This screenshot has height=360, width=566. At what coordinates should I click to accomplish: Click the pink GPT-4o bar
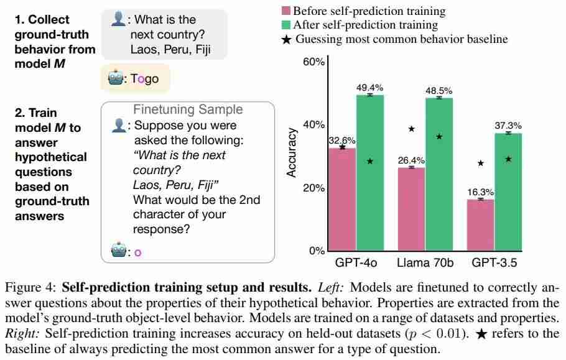click(342, 199)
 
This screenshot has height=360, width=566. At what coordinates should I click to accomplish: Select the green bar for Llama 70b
click(439, 174)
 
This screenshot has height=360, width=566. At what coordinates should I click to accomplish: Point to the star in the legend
click(286, 39)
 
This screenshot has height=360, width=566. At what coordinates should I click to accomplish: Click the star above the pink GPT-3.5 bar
click(480, 163)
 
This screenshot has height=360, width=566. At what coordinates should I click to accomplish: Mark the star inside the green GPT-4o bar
click(370, 161)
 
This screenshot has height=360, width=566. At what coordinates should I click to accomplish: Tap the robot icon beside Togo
click(116, 79)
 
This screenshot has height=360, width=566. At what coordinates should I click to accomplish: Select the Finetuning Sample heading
click(188, 109)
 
